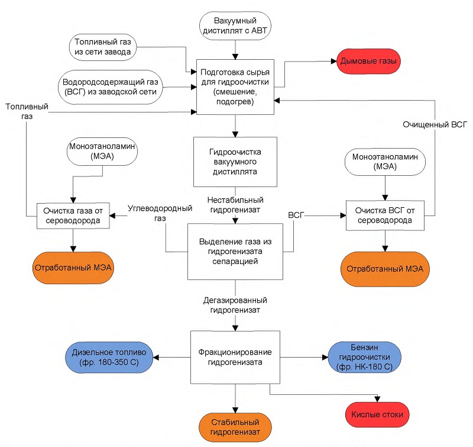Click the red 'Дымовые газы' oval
click(x=368, y=62)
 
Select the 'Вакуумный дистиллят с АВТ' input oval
click(x=235, y=26)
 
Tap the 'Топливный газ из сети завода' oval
click(x=102, y=47)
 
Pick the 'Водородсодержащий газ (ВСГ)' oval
click(x=110, y=87)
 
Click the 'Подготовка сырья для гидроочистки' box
click(x=235, y=87)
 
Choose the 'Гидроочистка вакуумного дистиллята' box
click(x=235, y=162)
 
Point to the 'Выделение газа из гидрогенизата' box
click(x=235, y=252)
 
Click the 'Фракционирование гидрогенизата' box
click(x=235, y=357)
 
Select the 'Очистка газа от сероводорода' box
click(x=73, y=216)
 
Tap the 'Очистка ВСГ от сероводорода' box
click(x=385, y=216)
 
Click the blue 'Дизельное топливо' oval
click(x=109, y=357)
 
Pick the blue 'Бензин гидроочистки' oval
click(x=364, y=357)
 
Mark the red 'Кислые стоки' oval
click(x=377, y=414)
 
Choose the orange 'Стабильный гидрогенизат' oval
click(x=235, y=427)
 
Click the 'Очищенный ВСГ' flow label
click(x=435, y=124)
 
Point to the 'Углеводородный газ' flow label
click(x=160, y=213)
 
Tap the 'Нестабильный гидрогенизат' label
click(x=235, y=205)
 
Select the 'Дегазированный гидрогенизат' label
click(x=235, y=305)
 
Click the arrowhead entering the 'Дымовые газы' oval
click(x=333, y=62)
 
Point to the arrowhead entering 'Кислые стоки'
click(x=377, y=399)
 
